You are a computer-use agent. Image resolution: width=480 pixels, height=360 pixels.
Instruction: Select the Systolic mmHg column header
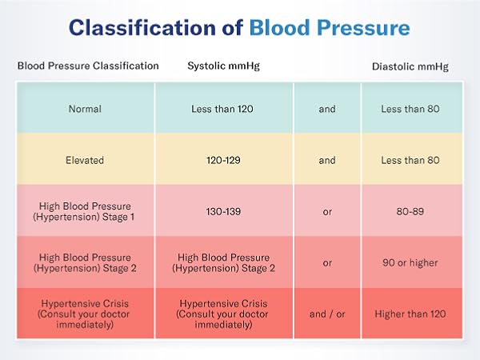pyautogui.click(x=224, y=66)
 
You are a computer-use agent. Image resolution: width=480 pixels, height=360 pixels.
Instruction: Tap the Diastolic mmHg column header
pyautogui.click(x=410, y=66)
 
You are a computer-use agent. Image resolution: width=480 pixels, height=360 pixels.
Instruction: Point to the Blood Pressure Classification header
pyautogui.click(x=88, y=66)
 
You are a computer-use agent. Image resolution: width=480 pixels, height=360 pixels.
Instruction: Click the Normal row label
pyautogui.click(x=86, y=109)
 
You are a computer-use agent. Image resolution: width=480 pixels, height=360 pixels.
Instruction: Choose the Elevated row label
pyautogui.click(x=86, y=160)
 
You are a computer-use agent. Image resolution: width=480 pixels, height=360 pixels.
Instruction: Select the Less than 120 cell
pyautogui.click(x=224, y=109)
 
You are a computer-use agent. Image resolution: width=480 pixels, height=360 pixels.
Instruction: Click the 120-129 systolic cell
pyautogui.click(x=224, y=160)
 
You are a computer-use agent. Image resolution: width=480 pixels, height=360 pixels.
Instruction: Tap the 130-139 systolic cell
pyautogui.click(x=224, y=211)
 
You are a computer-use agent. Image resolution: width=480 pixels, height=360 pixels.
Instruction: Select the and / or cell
pyautogui.click(x=328, y=314)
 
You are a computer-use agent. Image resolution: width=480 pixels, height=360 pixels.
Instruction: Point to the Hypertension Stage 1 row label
pyautogui.click(x=86, y=211)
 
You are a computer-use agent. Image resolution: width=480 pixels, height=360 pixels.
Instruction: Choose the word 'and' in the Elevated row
pyautogui.click(x=328, y=160)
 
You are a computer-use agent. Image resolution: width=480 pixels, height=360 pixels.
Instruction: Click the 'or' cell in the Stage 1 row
pyautogui.click(x=328, y=211)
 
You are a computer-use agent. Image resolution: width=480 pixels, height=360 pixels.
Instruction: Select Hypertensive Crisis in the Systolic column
pyautogui.click(x=224, y=314)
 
